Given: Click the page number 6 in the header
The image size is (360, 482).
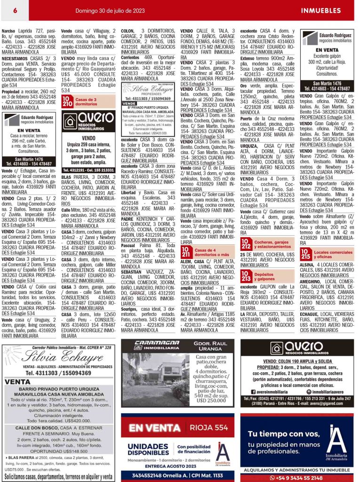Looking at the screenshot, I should [15, 10].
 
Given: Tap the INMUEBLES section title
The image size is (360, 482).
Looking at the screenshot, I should [320, 10].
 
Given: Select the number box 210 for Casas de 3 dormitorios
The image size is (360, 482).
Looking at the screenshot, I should [67, 102].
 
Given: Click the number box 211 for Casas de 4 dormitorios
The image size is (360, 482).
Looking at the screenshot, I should [186, 253].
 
